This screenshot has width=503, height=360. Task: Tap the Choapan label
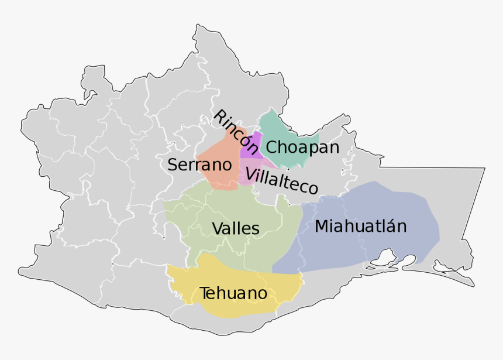(x=302, y=147)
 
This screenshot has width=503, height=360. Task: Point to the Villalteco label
(x=282, y=180)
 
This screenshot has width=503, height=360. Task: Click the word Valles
(x=236, y=228)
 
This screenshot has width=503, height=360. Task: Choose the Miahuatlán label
(x=360, y=226)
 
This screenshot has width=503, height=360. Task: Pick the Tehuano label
(x=233, y=293)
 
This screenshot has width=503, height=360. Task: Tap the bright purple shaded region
(x=251, y=147)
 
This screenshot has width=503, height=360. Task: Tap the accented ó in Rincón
(x=246, y=141)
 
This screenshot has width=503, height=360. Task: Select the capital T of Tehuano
(x=205, y=293)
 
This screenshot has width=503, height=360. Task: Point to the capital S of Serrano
(x=173, y=164)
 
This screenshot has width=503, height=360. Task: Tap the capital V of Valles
(x=217, y=228)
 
